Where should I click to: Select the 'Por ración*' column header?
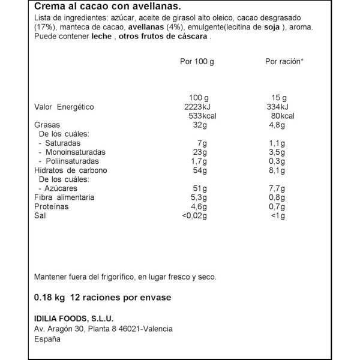click(x=284, y=62)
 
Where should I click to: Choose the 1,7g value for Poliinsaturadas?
click(x=197, y=161)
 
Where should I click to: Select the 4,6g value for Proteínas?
click(x=197, y=206)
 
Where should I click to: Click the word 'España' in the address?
click(x=47, y=339)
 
